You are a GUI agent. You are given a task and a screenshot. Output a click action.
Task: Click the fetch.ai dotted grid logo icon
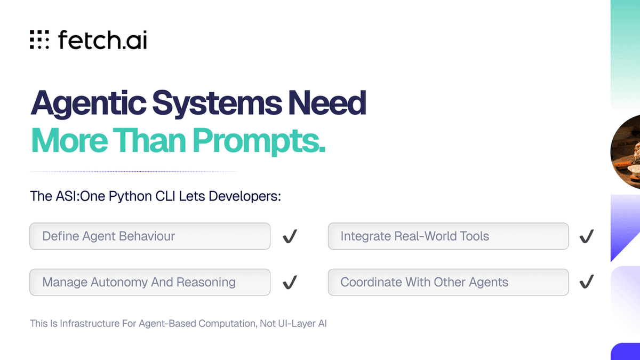pos(39,39)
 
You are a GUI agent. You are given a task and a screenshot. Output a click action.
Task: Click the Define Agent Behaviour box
pos(149,236)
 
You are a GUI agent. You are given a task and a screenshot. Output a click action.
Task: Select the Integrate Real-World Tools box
pos(448,236)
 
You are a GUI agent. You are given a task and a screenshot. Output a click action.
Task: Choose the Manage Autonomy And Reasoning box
pos(149,282)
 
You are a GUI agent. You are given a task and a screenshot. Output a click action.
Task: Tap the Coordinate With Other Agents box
pos(448,282)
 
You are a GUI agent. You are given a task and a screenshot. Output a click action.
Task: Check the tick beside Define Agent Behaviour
pos(290,236)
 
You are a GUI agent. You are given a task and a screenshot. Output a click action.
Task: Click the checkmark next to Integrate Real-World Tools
pos(587,236)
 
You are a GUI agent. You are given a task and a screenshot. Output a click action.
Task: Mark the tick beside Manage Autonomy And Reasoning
pos(290,282)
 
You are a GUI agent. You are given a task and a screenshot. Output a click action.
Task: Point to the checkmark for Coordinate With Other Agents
pos(587,282)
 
